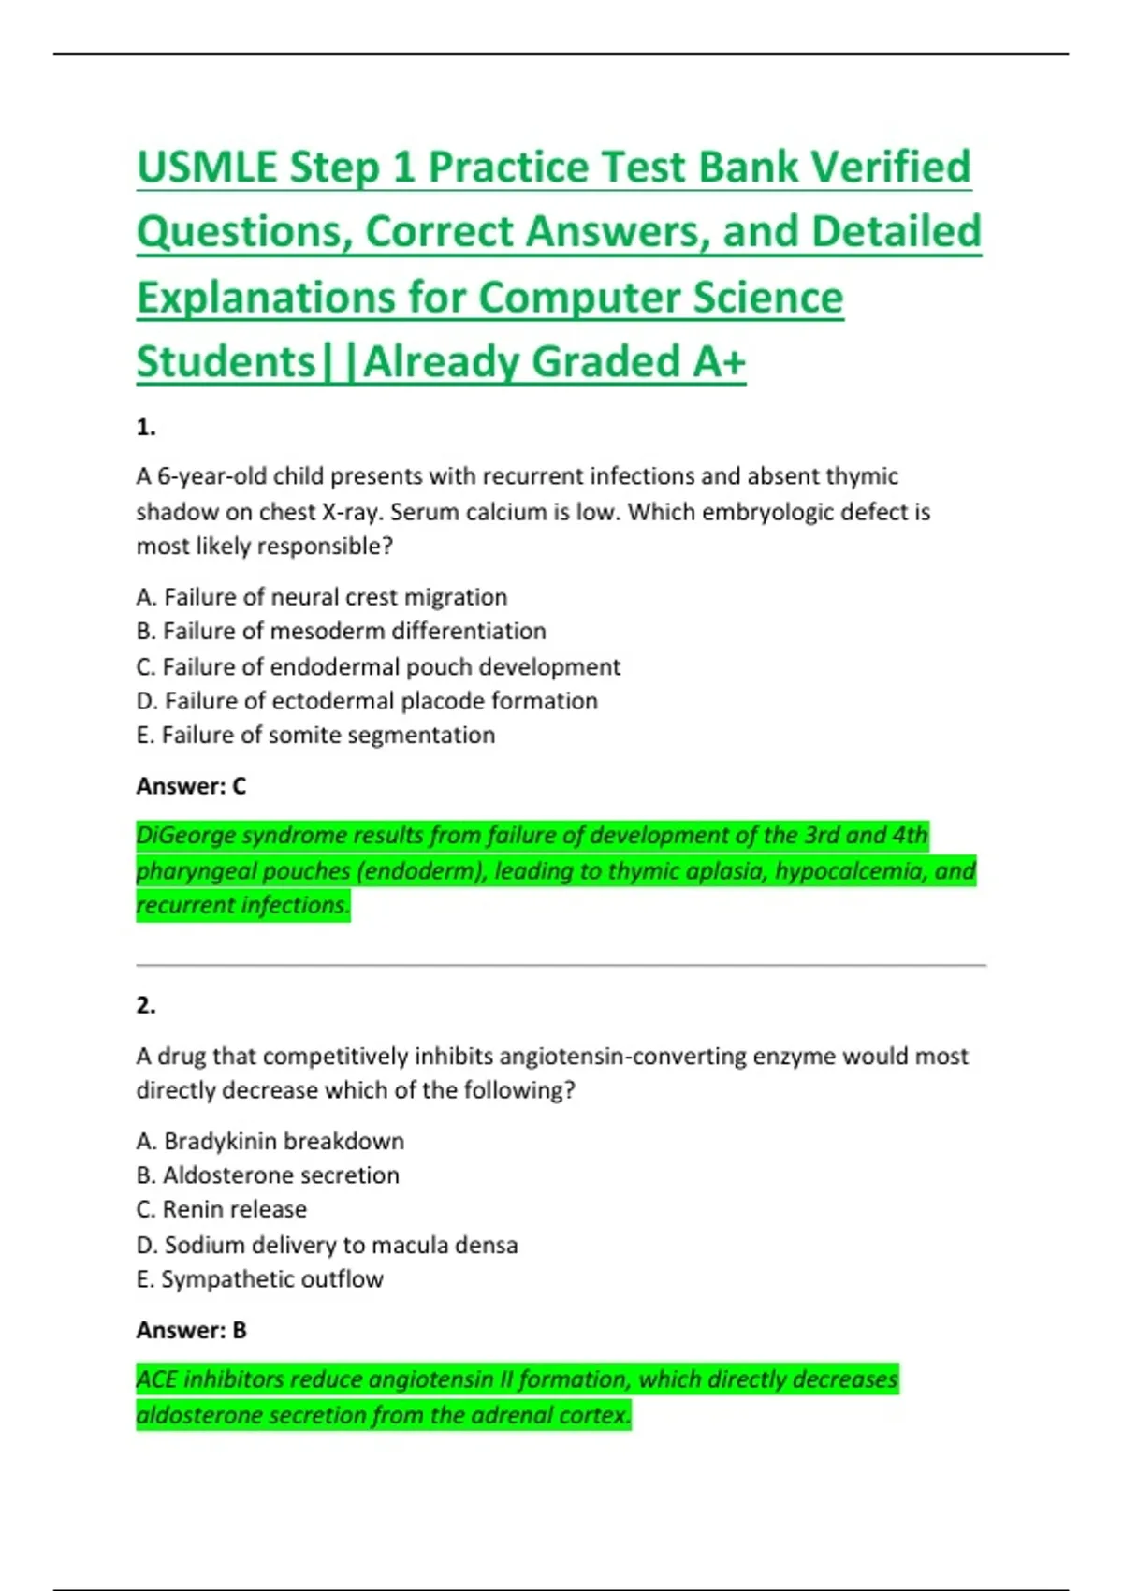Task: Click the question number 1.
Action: [x=146, y=428]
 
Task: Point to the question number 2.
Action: [x=146, y=1006]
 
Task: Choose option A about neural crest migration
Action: [x=321, y=597]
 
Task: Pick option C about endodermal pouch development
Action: [x=378, y=666]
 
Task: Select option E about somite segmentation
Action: [x=315, y=736]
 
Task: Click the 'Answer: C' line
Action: [x=191, y=786]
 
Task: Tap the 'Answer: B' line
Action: [x=191, y=1330]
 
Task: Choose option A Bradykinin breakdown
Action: [x=270, y=1141]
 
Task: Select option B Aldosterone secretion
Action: [x=268, y=1175]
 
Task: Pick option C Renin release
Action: [x=221, y=1209]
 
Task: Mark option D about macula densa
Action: [x=327, y=1245]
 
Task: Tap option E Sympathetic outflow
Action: [x=259, y=1279]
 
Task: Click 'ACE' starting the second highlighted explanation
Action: [x=156, y=1379]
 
